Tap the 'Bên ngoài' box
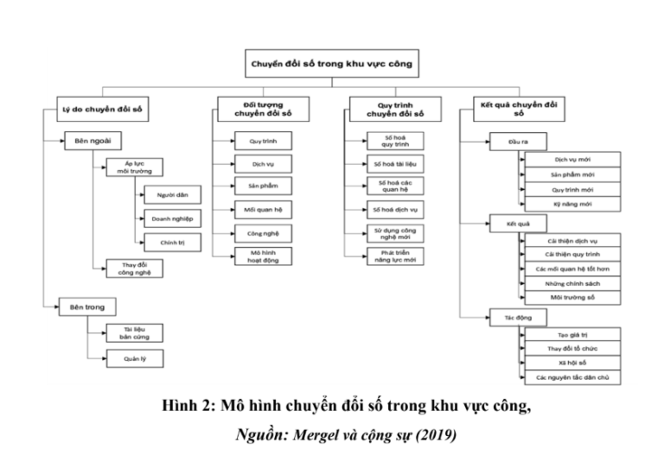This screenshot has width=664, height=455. click(93, 140)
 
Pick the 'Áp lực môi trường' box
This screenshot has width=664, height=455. click(135, 167)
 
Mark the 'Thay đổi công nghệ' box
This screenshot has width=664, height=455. click(135, 269)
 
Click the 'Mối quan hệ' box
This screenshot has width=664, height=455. click(264, 208)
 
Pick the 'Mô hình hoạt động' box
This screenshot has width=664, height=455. click(264, 256)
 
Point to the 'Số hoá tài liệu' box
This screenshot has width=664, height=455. click(395, 163)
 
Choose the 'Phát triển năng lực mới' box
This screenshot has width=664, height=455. click(395, 256)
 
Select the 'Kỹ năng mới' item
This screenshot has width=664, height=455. click(572, 203)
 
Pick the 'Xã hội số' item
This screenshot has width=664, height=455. click(572, 363)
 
